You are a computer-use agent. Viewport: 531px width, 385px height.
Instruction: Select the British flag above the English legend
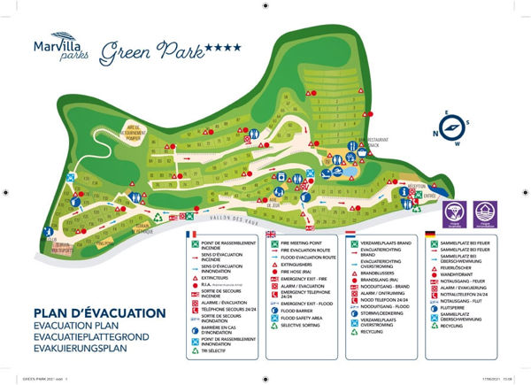point(272,235)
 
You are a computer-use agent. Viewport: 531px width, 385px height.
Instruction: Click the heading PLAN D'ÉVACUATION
point(86,314)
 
